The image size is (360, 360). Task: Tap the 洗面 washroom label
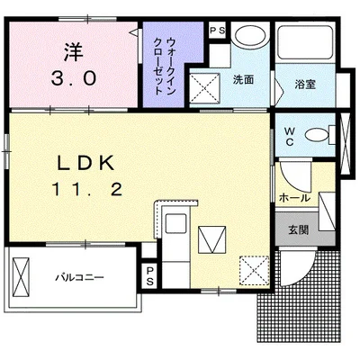pos(243,80)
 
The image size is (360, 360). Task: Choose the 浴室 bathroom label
pos(304,85)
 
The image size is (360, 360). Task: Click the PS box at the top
pos(216,30)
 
